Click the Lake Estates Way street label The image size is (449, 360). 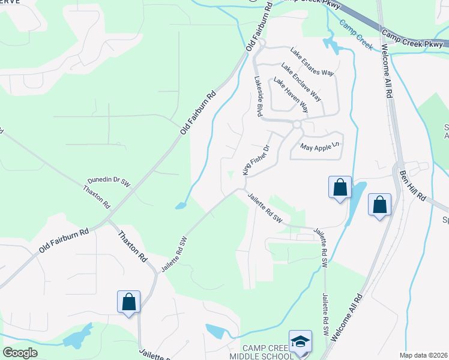point(311,61)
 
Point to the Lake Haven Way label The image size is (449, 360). point(291,95)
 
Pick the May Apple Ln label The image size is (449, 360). point(319,145)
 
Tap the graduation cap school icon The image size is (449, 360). point(300,341)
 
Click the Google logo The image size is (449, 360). point(20,352)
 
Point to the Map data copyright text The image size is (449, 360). point(423,355)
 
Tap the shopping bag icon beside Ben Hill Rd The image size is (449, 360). point(379,205)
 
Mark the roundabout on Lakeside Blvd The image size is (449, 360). point(297,124)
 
